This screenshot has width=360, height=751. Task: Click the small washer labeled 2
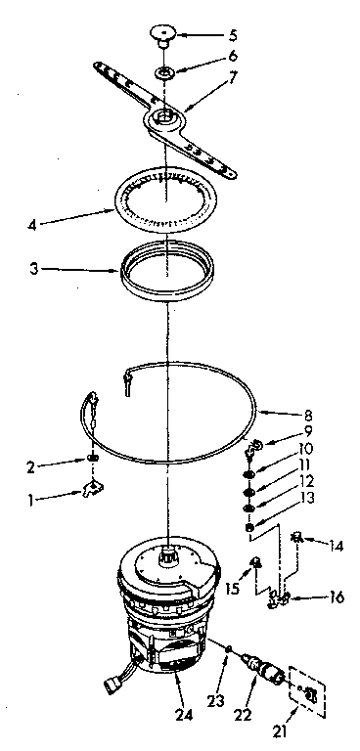click(91, 457)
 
